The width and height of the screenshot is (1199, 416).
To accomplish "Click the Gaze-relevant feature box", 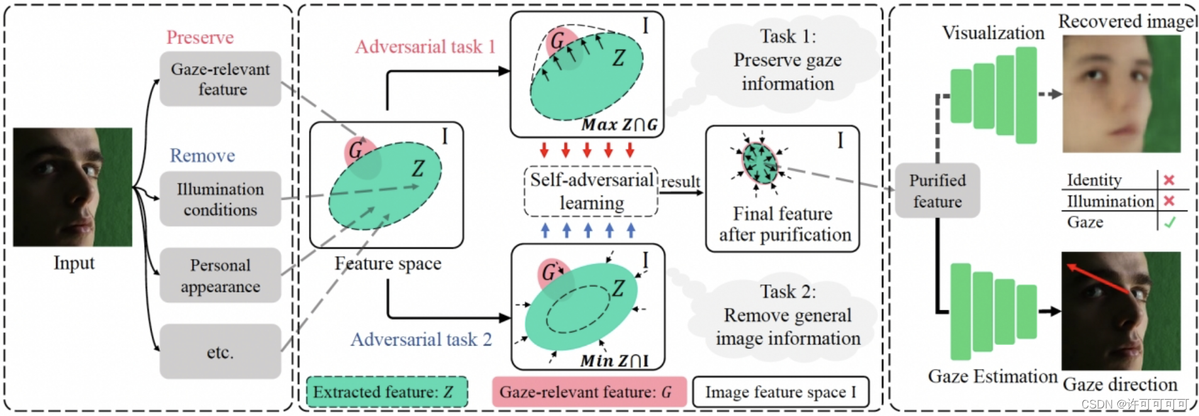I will click(x=220, y=79).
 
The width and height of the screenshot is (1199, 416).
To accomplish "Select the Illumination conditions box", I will click(x=220, y=199).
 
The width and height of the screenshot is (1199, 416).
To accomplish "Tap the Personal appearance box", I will click(x=220, y=275).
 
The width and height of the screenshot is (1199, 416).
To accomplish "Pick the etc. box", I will click(x=220, y=352).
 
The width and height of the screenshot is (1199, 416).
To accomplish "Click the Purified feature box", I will click(x=937, y=191).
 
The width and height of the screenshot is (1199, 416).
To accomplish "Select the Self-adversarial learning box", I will click(x=591, y=191).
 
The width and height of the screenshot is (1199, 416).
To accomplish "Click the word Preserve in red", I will click(x=200, y=38).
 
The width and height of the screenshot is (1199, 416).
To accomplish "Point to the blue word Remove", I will click(x=203, y=156).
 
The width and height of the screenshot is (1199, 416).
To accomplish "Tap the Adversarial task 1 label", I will click(x=425, y=47).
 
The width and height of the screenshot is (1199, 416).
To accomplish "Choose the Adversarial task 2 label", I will click(x=421, y=340).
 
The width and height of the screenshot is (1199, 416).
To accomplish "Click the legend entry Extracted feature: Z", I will click(x=387, y=392).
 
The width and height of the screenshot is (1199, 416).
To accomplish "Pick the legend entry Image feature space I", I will click(x=781, y=392).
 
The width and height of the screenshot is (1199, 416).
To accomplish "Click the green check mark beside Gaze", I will click(x=1169, y=222).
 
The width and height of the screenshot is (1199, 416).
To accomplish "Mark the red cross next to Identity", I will click(x=1169, y=180).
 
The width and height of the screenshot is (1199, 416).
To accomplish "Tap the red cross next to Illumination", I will click(x=1169, y=201).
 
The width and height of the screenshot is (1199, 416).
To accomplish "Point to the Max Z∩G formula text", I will click(x=619, y=125).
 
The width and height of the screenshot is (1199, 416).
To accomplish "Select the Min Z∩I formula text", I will click(x=614, y=361).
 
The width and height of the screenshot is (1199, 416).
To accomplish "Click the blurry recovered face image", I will click(x=1121, y=94).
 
